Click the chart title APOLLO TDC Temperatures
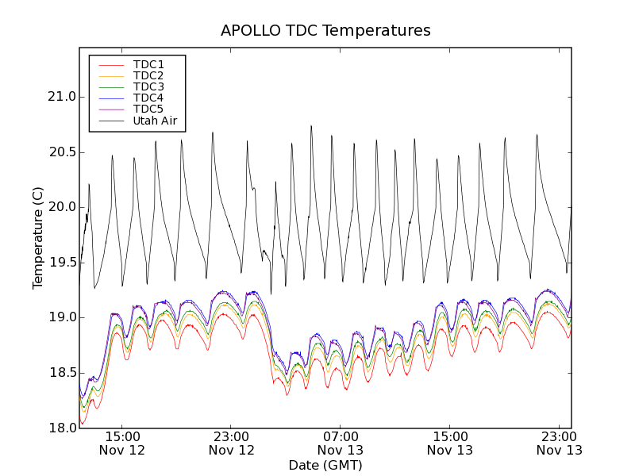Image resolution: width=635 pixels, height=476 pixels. (325, 31)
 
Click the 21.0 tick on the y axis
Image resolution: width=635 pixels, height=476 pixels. (61, 97)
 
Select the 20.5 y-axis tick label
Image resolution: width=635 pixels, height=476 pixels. (61, 152)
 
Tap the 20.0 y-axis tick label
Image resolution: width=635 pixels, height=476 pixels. (61, 207)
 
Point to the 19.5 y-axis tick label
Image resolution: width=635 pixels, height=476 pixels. (61, 263)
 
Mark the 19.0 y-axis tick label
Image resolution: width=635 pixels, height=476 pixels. (61, 317)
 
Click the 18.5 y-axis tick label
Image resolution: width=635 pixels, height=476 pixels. (61, 373)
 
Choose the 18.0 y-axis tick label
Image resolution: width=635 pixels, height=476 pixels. (61, 428)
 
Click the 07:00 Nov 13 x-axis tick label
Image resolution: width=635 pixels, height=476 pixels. (341, 443)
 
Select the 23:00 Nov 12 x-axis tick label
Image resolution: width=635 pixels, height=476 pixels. (231, 443)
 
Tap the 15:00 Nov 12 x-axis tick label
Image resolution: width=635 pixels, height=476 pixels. (121, 443)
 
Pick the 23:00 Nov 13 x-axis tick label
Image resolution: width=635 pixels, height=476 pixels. (559, 443)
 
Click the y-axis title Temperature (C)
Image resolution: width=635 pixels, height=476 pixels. (38, 238)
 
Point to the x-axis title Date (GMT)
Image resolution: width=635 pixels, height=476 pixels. (325, 465)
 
